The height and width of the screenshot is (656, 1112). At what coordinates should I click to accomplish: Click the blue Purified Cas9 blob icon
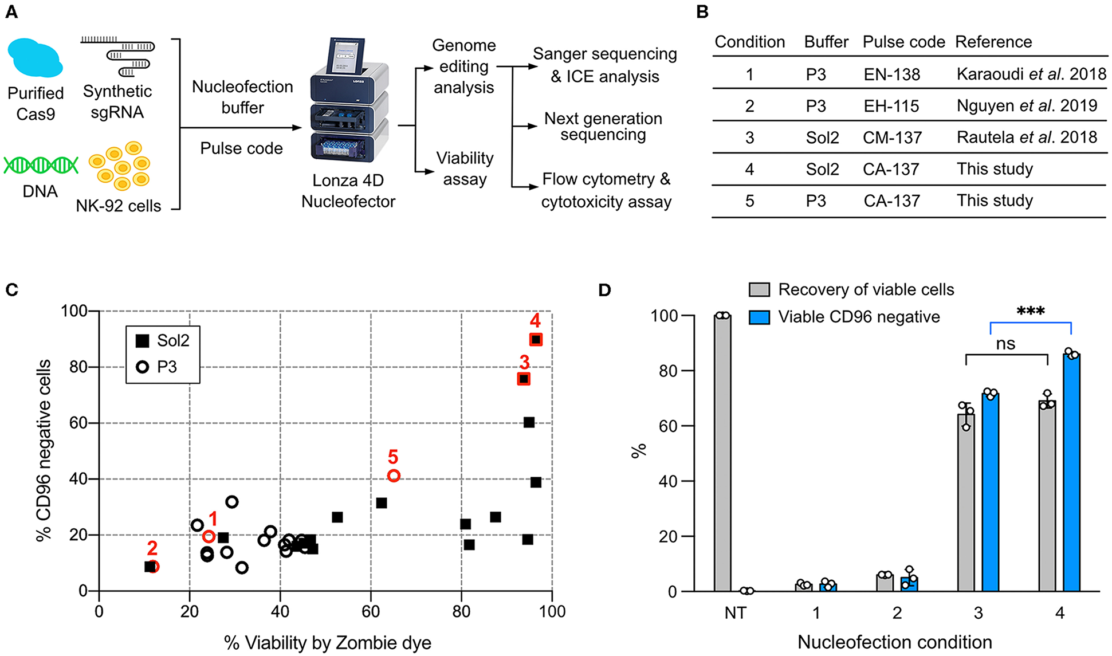(x=34, y=58)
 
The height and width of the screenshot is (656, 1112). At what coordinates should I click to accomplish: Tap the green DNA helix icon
(x=40, y=166)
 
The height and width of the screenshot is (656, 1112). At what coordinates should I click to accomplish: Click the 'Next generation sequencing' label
(x=603, y=127)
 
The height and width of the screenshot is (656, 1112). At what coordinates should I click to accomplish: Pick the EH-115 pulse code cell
(x=891, y=106)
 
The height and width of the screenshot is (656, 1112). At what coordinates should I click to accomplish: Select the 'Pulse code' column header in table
(x=903, y=42)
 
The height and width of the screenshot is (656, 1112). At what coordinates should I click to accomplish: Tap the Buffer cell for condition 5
(x=816, y=201)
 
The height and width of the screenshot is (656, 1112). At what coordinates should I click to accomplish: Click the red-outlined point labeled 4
(x=536, y=340)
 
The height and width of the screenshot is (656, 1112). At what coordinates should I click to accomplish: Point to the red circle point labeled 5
(x=394, y=476)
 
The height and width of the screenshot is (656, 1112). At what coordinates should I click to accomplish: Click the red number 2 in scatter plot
(x=152, y=548)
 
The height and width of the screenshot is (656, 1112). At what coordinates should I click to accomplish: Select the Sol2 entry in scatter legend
(x=163, y=341)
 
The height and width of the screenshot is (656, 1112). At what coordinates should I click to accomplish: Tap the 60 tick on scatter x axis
(x=371, y=611)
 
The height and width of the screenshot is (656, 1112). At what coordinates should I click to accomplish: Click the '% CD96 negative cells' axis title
(x=44, y=450)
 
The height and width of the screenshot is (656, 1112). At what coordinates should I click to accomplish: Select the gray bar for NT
(x=722, y=453)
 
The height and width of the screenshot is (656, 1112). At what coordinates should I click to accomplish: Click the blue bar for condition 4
(x=1071, y=473)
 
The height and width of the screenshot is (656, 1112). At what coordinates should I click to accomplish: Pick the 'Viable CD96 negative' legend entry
(x=845, y=317)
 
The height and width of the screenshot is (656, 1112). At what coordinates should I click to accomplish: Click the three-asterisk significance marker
(x=1030, y=312)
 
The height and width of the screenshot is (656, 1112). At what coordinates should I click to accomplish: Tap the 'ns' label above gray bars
(x=1005, y=344)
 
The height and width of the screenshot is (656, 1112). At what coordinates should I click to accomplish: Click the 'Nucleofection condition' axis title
(x=894, y=642)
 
